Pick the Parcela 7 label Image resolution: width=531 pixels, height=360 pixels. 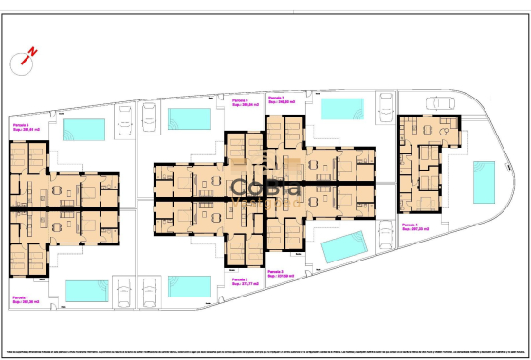280,99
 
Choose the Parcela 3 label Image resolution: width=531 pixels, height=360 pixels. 279,274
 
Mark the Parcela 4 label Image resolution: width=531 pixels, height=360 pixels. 412,225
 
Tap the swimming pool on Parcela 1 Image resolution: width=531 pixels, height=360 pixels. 83,289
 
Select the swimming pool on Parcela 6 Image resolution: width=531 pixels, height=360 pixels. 189,118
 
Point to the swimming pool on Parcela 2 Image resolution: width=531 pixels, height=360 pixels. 190,285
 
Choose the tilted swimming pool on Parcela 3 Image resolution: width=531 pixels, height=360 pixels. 344,248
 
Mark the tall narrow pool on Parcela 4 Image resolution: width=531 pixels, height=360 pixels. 483,182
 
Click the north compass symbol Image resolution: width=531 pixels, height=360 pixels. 24,61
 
